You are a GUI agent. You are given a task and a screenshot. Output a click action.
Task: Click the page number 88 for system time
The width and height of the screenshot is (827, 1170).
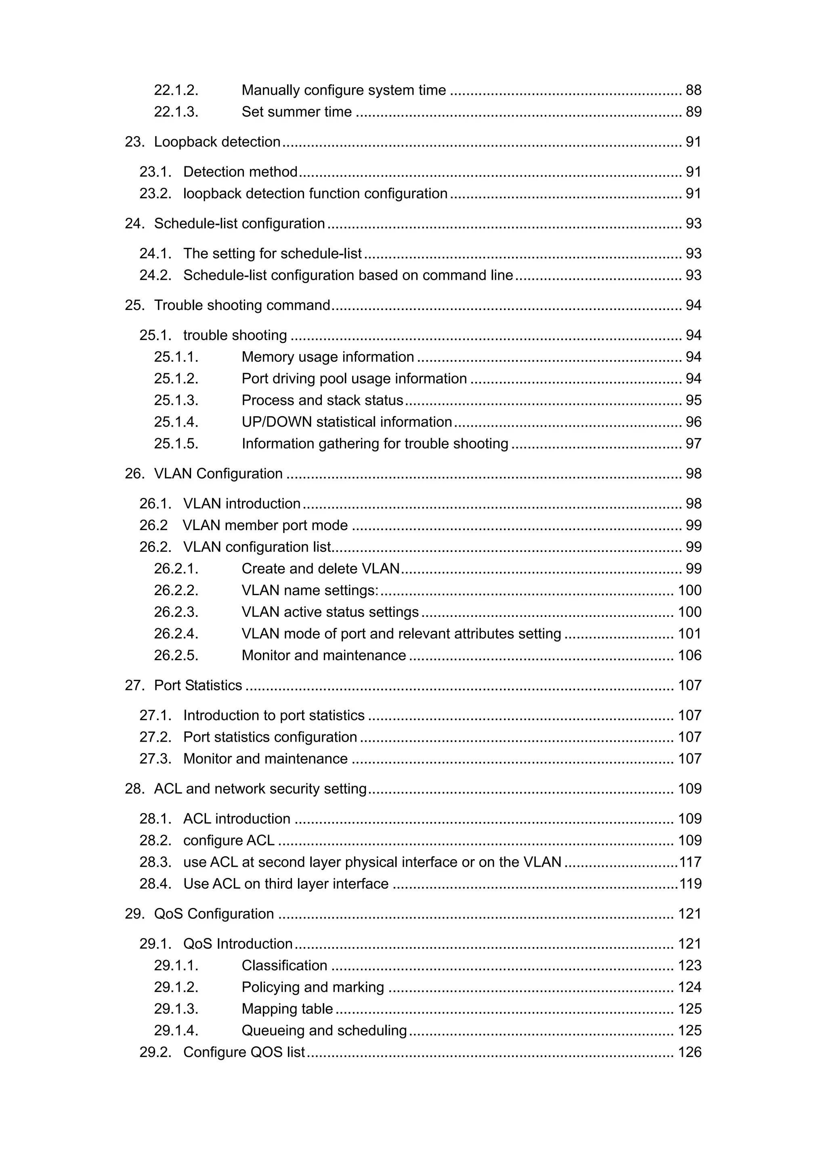click(693, 90)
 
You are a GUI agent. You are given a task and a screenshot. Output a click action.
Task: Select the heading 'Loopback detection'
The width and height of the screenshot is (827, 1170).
click(217, 142)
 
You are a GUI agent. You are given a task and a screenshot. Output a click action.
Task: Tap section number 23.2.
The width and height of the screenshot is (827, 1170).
click(155, 194)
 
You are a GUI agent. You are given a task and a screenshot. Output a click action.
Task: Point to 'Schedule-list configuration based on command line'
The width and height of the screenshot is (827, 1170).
click(348, 275)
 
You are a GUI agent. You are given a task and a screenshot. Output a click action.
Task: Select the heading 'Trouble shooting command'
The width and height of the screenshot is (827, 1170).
click(242, 305)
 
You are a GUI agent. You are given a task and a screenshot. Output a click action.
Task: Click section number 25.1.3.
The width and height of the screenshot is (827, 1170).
click(176, 400)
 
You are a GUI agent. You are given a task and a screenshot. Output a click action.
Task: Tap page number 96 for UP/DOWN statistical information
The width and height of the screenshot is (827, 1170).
click(693, 422)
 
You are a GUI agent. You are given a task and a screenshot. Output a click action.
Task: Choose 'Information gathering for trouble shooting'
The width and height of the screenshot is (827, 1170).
click(374, 444)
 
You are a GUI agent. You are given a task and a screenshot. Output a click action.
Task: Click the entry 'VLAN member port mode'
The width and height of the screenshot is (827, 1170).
click(265, 525)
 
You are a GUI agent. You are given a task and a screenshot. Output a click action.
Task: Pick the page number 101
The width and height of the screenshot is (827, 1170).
click(689, 634)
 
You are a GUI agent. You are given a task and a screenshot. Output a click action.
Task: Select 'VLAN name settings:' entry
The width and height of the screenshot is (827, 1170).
click(310, 591)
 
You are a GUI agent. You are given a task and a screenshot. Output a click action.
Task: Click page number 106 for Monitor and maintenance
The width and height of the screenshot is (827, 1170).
click(689, 655)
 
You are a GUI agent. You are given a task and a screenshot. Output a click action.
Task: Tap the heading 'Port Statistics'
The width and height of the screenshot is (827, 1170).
click(198, 686)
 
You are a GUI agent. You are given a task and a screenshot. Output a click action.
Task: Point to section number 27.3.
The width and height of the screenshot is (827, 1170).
click(155, 759)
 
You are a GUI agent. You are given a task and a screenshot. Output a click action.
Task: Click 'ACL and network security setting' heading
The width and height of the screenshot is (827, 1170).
click(260, 789)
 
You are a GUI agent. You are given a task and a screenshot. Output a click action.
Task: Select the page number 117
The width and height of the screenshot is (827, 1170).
click(690, 862)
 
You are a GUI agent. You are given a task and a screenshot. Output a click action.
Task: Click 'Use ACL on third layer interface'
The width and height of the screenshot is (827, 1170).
click(285, 884)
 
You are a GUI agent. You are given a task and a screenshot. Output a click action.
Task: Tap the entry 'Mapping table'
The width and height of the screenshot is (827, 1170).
click(287, 1009)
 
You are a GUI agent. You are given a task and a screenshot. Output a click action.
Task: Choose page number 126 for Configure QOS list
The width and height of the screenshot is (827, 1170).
click(689, 1052)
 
